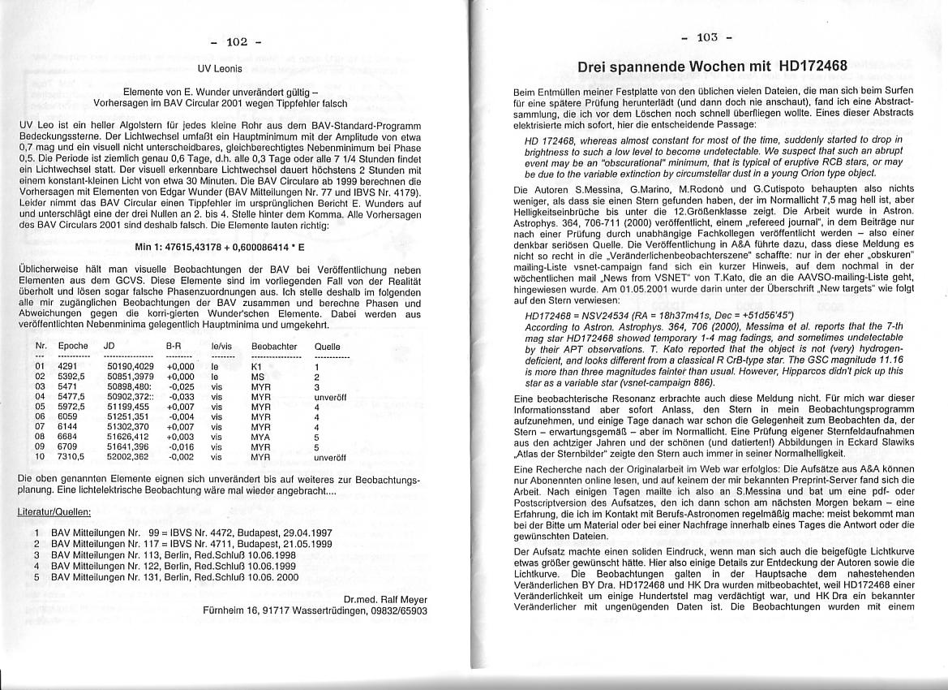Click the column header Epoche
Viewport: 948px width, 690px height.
pyautogui.click(x=73, y=346)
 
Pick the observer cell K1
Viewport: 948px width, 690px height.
pyautogui.click(x=256, y=367)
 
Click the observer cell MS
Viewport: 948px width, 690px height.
pyautogui.click(x=257, y=377)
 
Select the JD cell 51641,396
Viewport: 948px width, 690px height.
pyautogui.click(x=128, y=446)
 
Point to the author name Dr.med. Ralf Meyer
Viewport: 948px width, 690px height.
pyautogui.click(x=385, y=600)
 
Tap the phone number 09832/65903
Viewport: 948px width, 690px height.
pyautogui.click(x=400, y=610)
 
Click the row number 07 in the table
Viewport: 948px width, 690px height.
pyautogui.click(x=40, y=427)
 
